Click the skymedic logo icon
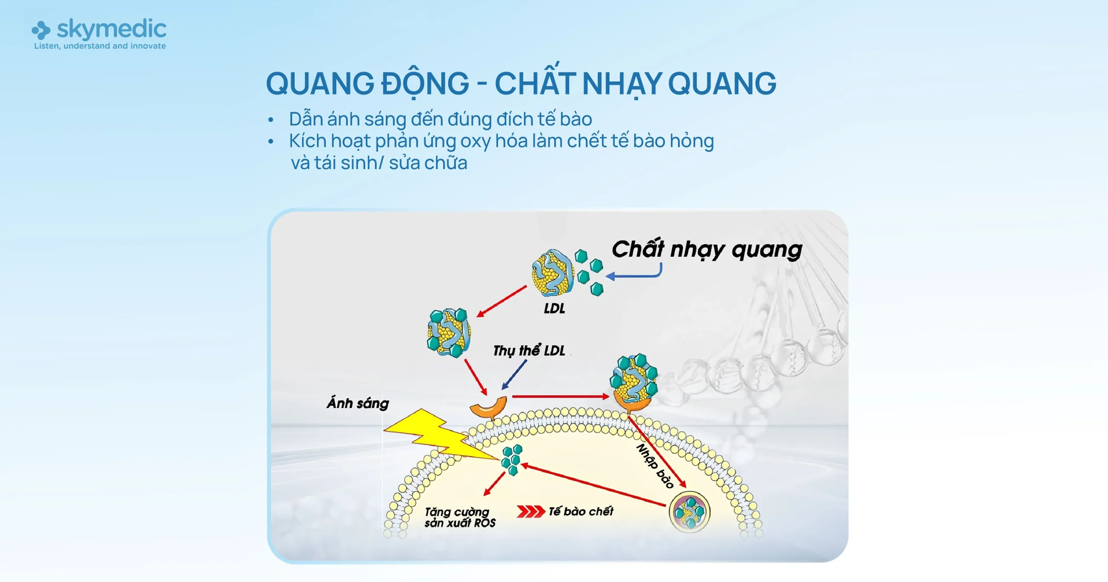coord(41,30)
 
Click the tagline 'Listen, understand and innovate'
coord(100,46)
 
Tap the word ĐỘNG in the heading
coord(425,84)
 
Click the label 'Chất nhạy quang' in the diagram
coord(707,250)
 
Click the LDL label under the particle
coord(554,308)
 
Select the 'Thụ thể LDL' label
coord(529,350)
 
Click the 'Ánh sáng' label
coord(358,403)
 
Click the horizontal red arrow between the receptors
coord(560,396)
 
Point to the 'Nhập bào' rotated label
coord(654,466)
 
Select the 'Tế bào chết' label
coord(581,511)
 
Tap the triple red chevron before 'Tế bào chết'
coord(530,511)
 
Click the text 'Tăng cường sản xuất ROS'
coord(460,517)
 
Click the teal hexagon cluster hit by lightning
coord(512,459)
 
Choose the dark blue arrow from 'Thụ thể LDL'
coord(514,375)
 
